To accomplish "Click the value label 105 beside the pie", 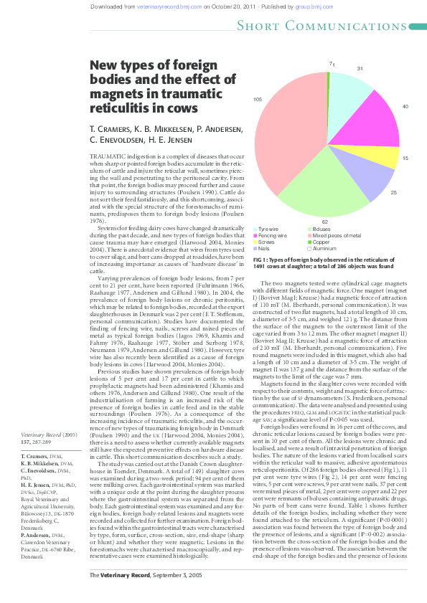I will coord(258,99).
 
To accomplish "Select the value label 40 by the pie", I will coord(405,106).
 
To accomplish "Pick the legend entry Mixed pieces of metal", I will coord(337,236).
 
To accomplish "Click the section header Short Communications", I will coord(331,27).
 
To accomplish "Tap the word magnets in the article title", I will coord(112,94).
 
